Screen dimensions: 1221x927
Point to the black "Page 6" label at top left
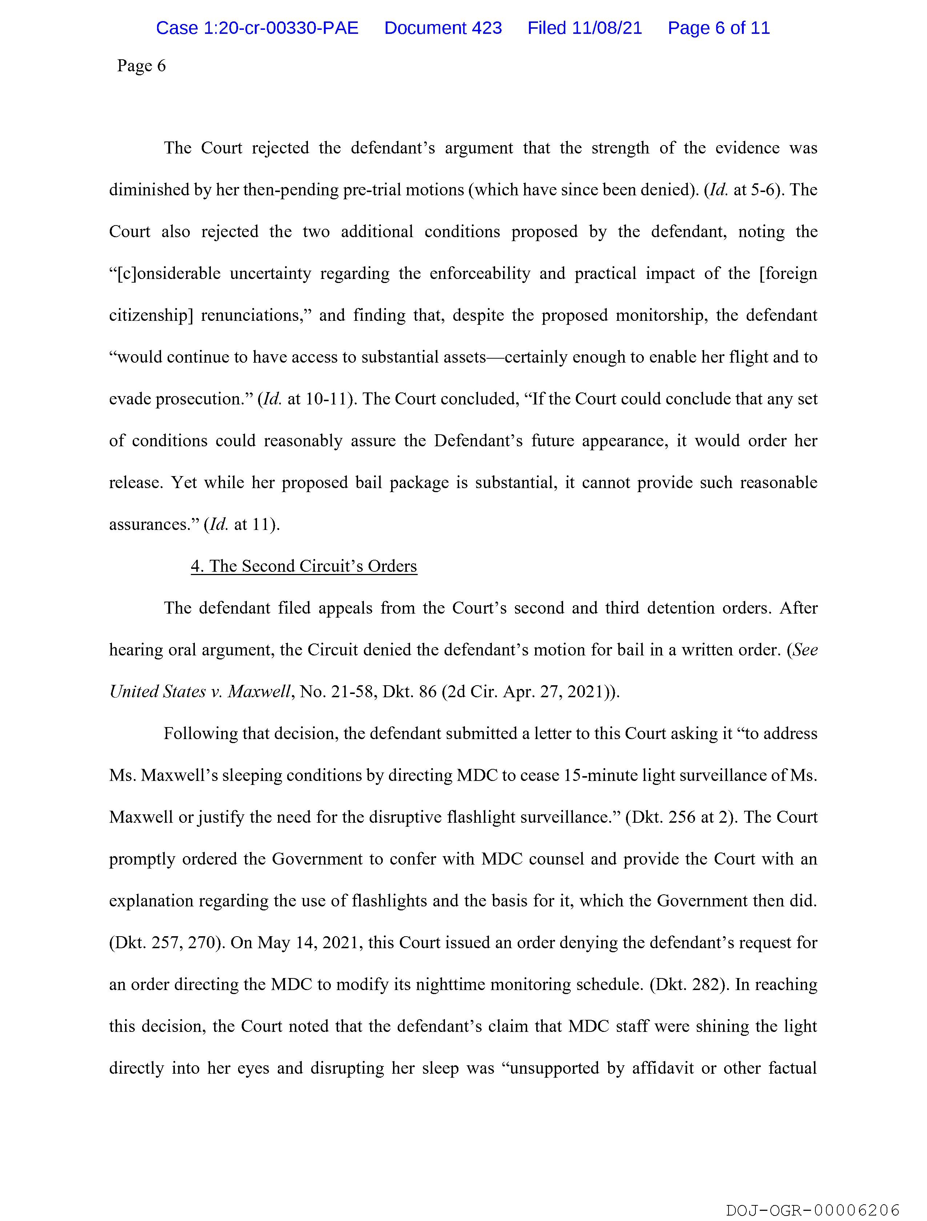click(x=141, y=66)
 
